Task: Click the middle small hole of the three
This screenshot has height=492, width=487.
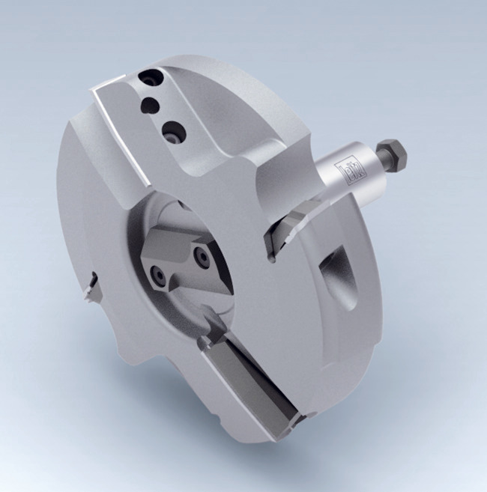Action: [x=153, y=104]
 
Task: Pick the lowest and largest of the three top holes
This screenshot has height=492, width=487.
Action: [x=173, y=132]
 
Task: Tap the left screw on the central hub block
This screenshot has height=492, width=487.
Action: [x=160, y=275]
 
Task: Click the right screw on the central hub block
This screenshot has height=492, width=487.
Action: [x=201, y=256]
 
